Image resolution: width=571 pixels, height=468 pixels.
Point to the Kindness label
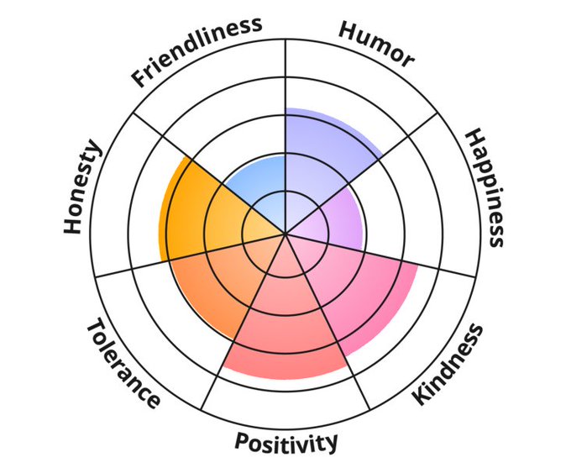[x=450, y=364]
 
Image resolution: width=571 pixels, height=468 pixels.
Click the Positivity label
[x=286, y=440]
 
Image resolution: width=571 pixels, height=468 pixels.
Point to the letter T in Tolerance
[x=94, y=328]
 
